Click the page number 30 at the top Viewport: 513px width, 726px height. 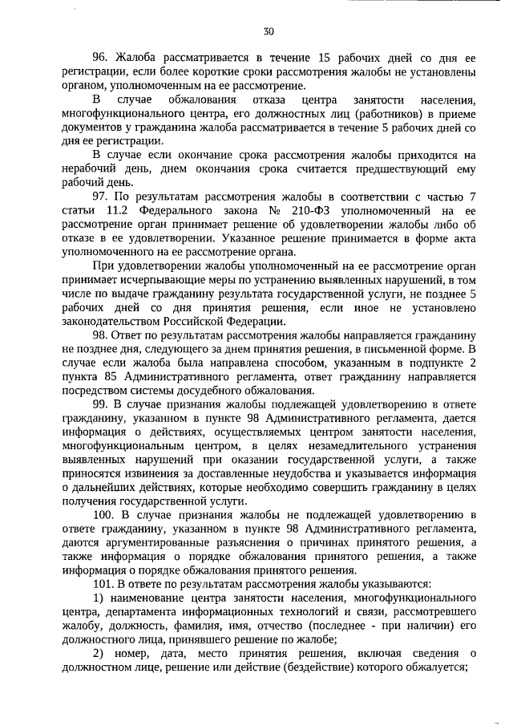pos(269,31)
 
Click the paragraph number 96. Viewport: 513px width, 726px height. pos(100,59)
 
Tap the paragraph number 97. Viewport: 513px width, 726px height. pos(100,197)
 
